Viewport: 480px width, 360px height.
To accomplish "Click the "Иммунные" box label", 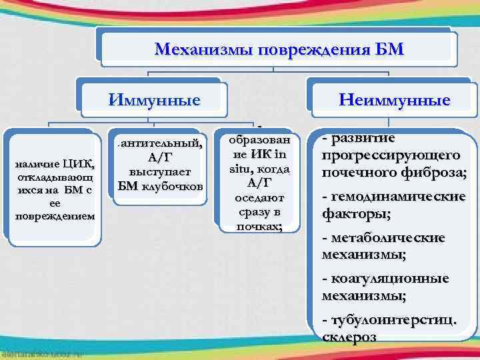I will (x=155, y=101).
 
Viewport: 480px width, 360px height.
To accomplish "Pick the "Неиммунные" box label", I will (x=395, y=101).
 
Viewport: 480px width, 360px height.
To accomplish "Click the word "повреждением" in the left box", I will (x=55, y=216).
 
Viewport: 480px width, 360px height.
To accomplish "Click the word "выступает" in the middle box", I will (x=160, y=171).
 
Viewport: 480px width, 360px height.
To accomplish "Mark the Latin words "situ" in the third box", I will (x=242, y=169).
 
